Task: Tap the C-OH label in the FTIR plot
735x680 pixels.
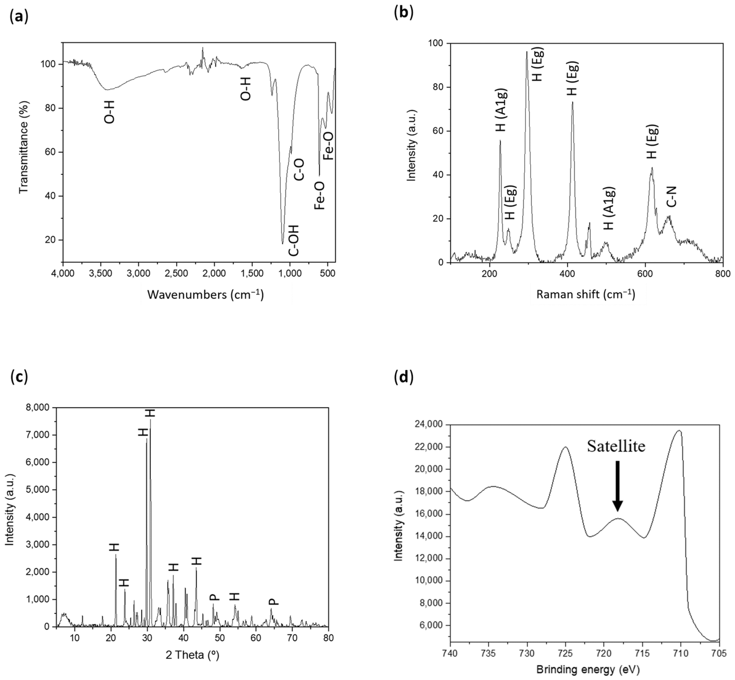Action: point(293,240)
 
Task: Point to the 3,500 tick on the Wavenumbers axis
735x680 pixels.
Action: point(100,274)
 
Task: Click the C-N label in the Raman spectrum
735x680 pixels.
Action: point(671,197)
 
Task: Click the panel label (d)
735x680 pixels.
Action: point(404,377)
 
